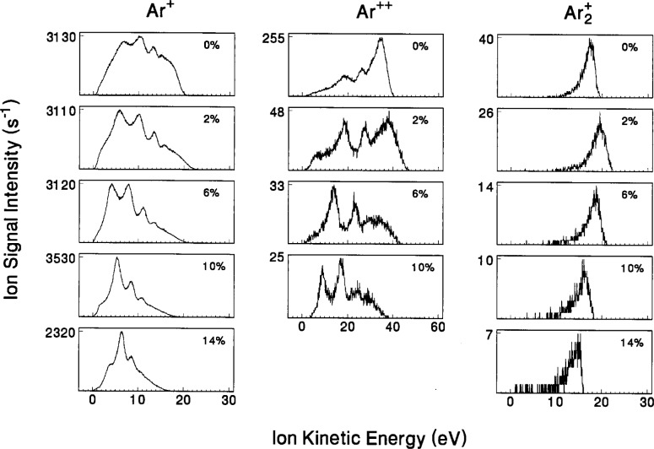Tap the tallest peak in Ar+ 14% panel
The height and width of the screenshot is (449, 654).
click(122, 333)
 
